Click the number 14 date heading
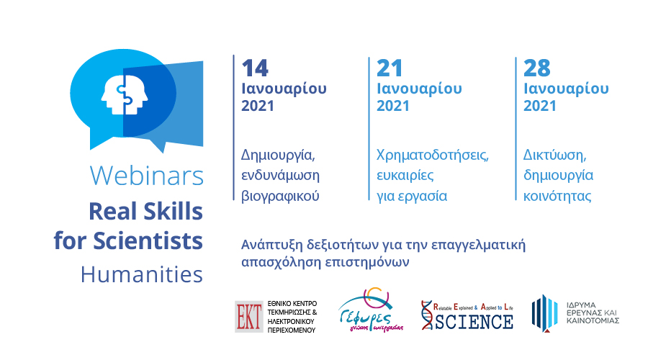click(255, 68)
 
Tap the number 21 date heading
click(390, 68)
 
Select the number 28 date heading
click(537, 68)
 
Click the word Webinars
click(147, 176)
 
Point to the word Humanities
click(142, 274)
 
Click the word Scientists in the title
click(148, 241)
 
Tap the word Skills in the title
click(172, 212)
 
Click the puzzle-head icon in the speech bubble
click(125, 94)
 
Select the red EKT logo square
click(249, 317)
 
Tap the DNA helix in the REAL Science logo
click(427, 315)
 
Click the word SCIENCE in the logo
click(474, 322)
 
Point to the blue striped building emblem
click(545, 313)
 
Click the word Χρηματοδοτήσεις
click(432, 156)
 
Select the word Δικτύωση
click(554, 156)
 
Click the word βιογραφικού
click(280, 196)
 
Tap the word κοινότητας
click(557, 196)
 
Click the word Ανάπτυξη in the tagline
click(272, 245)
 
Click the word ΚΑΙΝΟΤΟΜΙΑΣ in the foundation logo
click(593, 320)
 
